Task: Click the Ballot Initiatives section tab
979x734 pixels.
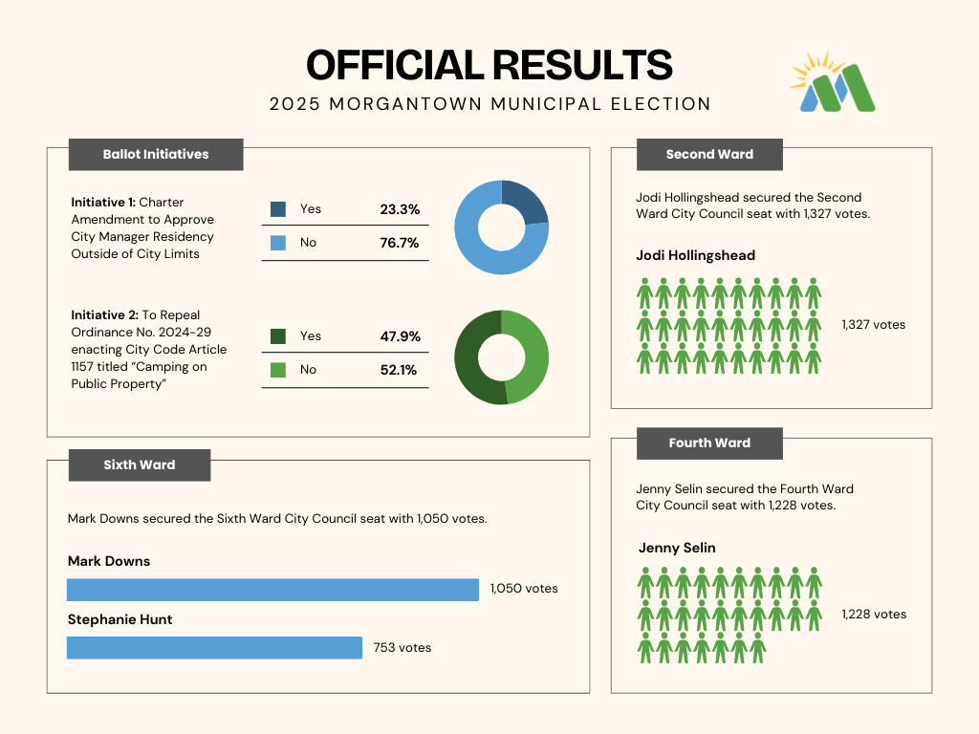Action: (156, 154)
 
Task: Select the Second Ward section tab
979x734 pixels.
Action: (709, 154)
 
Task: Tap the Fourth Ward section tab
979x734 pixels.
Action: (709, 443)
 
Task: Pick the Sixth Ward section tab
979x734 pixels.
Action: (140, 464)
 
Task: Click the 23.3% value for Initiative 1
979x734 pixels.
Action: (400, 209)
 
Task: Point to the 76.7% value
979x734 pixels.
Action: (400, 243)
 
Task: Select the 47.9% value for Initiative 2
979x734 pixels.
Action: (400, 336)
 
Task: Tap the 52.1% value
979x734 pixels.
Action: (400, 370)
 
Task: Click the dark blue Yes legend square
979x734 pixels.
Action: (278, 209)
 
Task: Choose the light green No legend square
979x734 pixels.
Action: (278, 370)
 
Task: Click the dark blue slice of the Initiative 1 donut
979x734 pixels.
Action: (526, 200)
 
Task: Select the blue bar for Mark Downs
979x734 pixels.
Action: (272, 590)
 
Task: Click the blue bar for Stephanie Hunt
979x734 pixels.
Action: (214, 648)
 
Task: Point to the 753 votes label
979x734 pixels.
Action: (402, 648)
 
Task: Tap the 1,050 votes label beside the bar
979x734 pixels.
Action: (524, 589)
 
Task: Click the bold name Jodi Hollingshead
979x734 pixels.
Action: (695, 255)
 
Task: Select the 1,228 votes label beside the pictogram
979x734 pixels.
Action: (874, 614)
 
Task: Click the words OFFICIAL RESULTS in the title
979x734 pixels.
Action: (489, 65)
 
